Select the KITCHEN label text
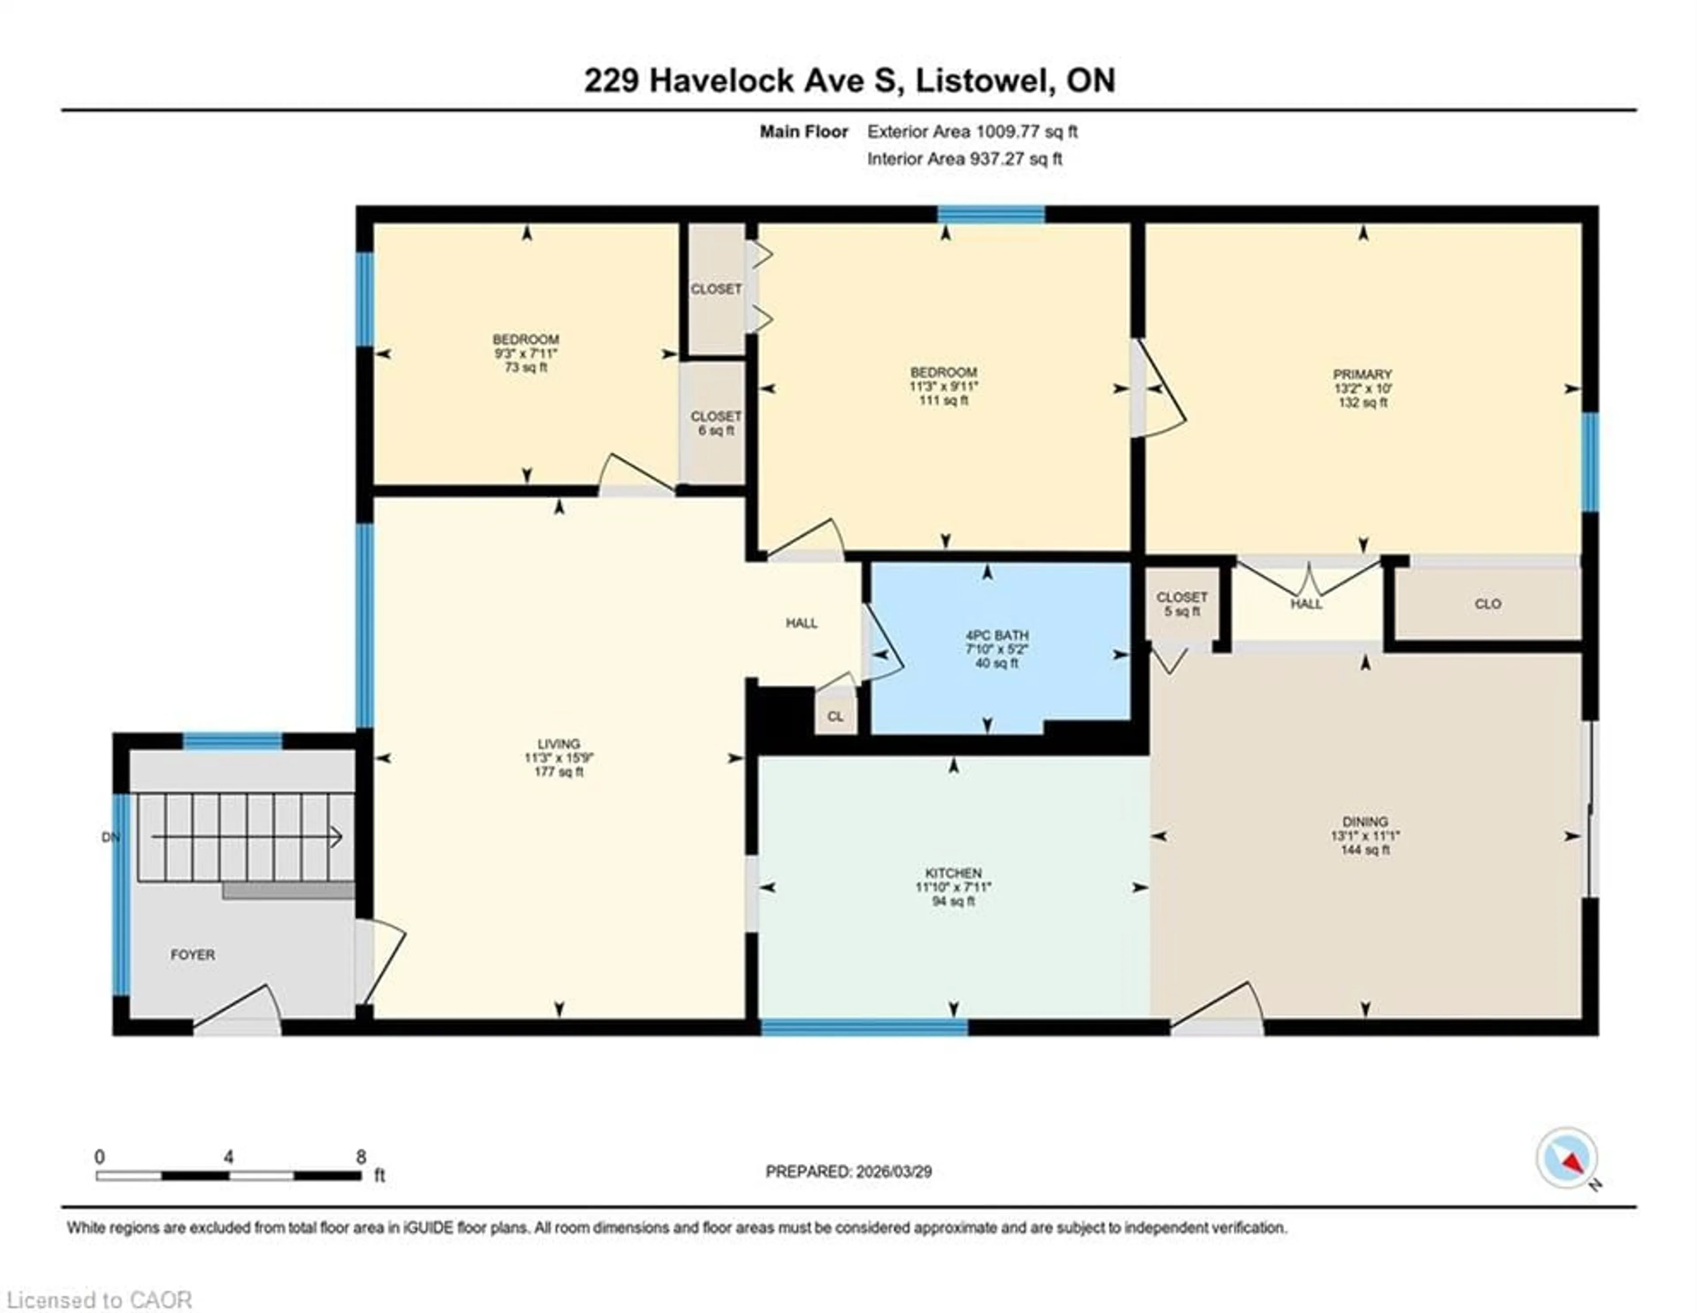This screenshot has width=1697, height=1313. pyautogui.click(x=953, y=873)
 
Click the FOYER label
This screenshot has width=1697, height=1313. pyautogui.click(x=193, y=954)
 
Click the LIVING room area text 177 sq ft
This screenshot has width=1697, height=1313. pyautogui.click(x=559, y=772)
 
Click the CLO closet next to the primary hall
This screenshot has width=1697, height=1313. pyautogui.click(x=1487, y=604)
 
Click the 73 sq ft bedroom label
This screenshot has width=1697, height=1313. pyautogui.click(x=525, y=367)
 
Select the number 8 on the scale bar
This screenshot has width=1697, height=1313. pyautogui.click(x=361, y=1157)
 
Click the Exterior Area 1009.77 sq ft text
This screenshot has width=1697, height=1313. pyautogui.click(x=972, y=131)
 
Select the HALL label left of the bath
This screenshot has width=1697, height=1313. pyautogui.click(x=801, y=623)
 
